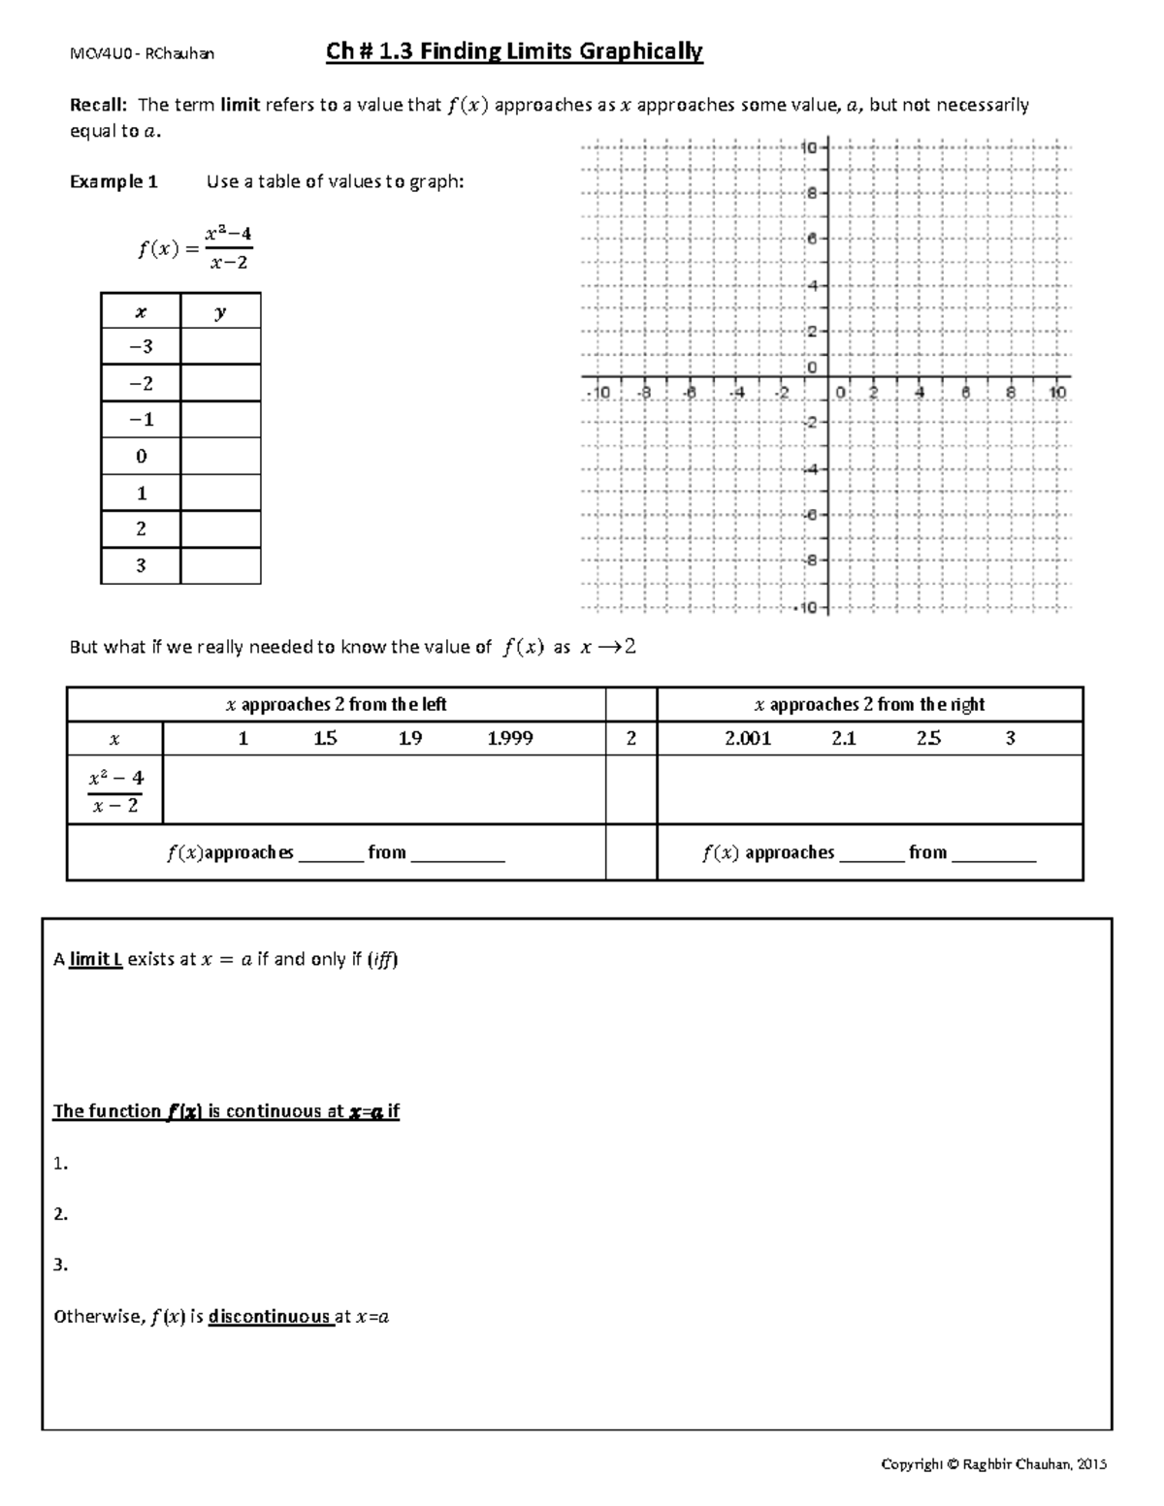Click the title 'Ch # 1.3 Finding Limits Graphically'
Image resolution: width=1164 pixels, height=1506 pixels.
pyautogui.click(x=514, y=51)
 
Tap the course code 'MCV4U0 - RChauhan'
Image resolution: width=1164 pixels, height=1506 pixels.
pyautogui.click(x=142, y=53)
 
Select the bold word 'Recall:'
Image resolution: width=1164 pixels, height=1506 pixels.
pyautogui.click(x=99, y=105)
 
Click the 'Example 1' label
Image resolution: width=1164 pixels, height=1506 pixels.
pyautogui.click(x=113, y=181)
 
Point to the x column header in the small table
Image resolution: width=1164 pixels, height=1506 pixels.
pyautogui.click(x=141, y=311)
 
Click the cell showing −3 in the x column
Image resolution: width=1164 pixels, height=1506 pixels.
pyautogui.click(x=141, y=346)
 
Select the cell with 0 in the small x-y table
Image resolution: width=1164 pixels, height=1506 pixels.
pyautogui.click(x=141, y=456)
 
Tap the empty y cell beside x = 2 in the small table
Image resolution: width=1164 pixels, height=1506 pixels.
pyautogui.click(x=220, y=529)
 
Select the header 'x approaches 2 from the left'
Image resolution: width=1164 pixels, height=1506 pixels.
pyautogui.click(x=336, y=705)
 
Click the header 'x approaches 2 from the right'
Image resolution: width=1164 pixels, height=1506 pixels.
pyautogui.click(x=869, y=705)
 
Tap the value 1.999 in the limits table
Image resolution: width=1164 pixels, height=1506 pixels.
pyautogui.click(x=510, y=739)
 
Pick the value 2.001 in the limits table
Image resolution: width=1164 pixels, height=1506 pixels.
pyautogui.click(x=748, y=739)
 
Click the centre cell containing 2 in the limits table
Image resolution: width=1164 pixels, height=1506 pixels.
pyautogui.click(x=631, y=739)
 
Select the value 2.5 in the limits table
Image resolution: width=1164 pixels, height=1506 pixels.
pyautogui.click(x=928, y=739)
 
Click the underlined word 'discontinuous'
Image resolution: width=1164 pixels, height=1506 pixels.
pyautogui.click(x=270, y=1317)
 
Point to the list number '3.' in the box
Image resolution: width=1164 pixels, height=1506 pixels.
pyautogui.click(x=61, y=1265)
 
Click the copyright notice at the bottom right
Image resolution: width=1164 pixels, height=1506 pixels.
pyautogui.click(x=993, y=1464)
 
